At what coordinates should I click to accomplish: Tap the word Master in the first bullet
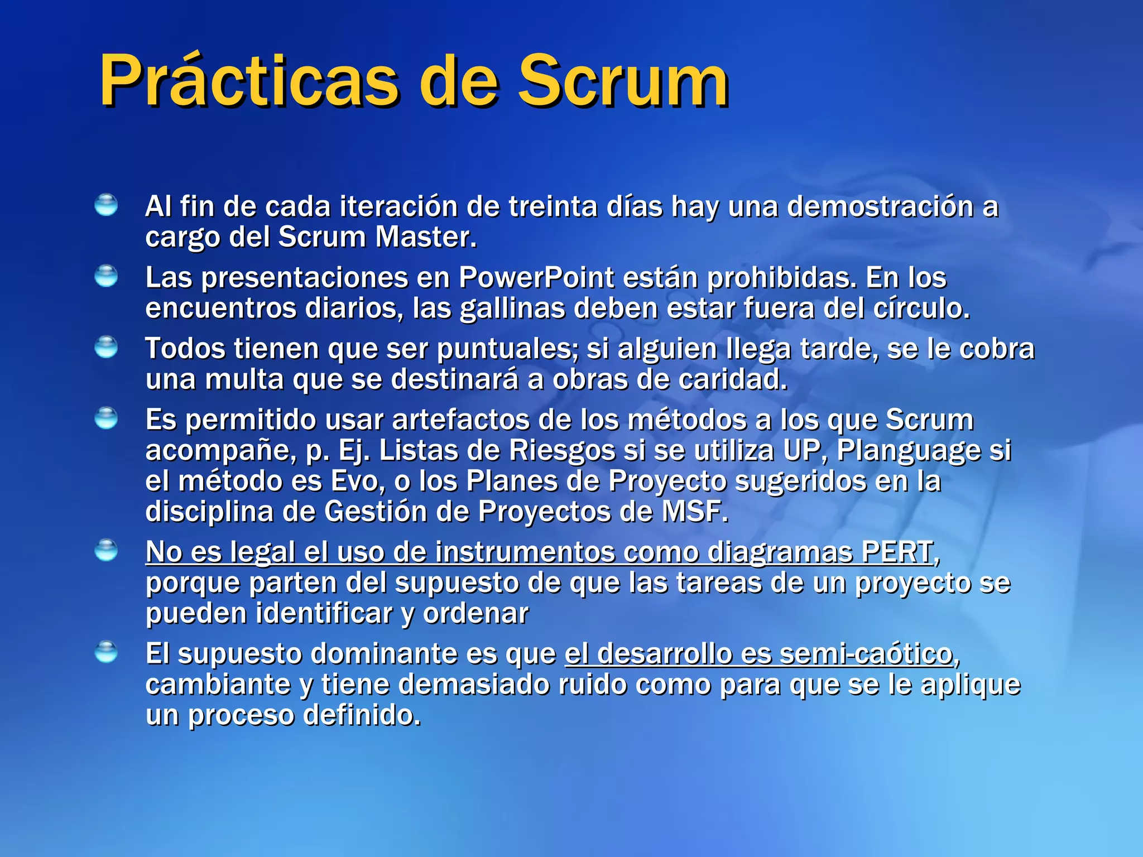click(425, 237)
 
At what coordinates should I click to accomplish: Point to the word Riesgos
click(562, 451)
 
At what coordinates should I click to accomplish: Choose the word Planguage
click(908, 451)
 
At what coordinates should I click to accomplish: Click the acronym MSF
click(694, 511)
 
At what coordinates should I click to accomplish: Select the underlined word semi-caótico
click(866, 654)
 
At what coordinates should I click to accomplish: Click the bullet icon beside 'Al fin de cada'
click(106, 205)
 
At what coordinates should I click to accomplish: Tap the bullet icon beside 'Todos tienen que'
click(106, 347)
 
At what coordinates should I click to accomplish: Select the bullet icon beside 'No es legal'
click(106, 550)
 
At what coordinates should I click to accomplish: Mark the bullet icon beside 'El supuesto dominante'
click(106, 652)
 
